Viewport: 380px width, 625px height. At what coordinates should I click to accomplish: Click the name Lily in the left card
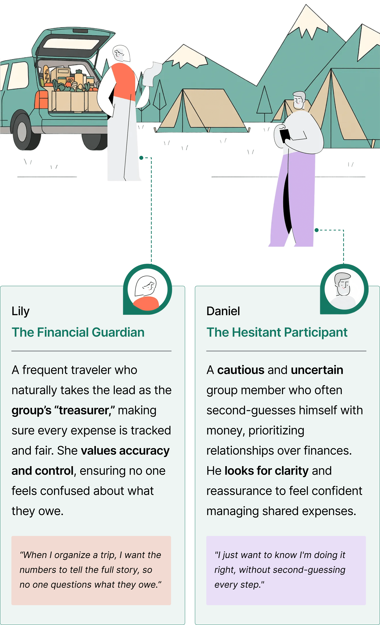tap(21, 311)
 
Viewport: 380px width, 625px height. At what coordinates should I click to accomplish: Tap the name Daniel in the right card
tap(223, 311)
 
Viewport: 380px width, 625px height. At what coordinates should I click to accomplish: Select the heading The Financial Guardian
tap(78, 332)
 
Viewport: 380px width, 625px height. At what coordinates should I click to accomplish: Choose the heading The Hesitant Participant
tap(277, 332)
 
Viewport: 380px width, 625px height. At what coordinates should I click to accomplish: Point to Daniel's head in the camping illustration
tap(299, 100)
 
